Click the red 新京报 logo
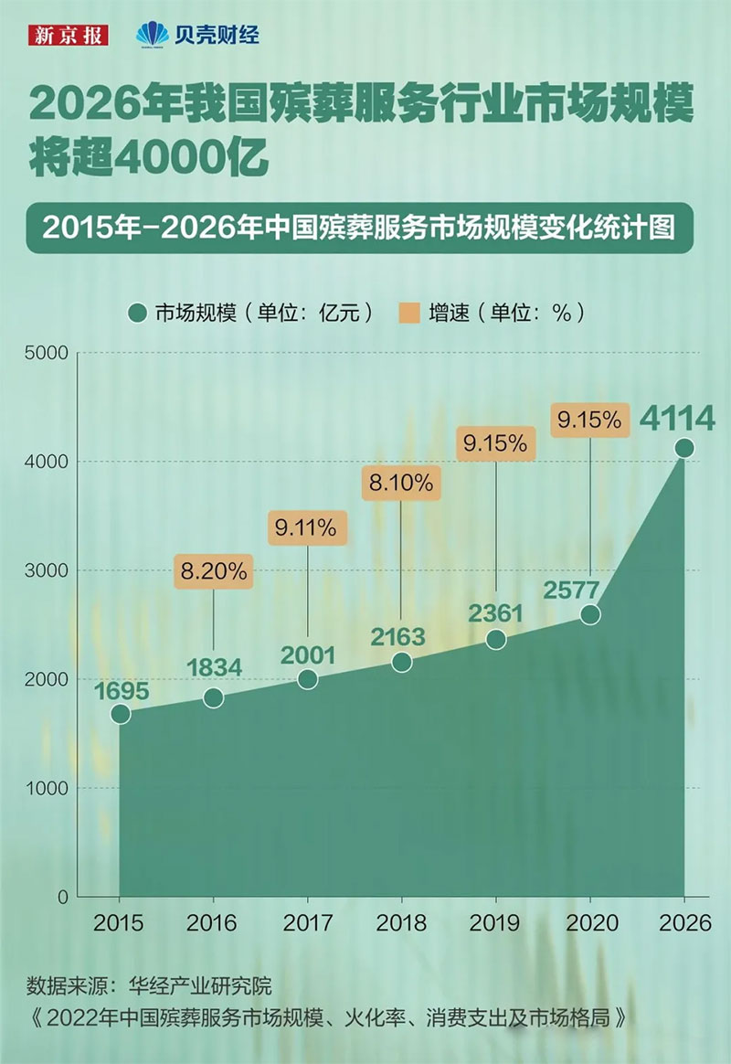click(x=69, y=36)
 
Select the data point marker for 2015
click(x=120, y=714)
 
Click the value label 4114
click(x=676, y=420)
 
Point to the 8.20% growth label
click(x=213, y=572)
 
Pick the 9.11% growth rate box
click(x=307, y=527)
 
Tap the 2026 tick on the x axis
click(x=684, y=924)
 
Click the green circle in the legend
click(x=138, y=313)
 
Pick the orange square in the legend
click(x=409, y=313)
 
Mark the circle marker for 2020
click(x=590, y=614)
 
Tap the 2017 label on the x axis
click(x=307, y=924)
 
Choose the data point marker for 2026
click(x=683, y=448)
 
